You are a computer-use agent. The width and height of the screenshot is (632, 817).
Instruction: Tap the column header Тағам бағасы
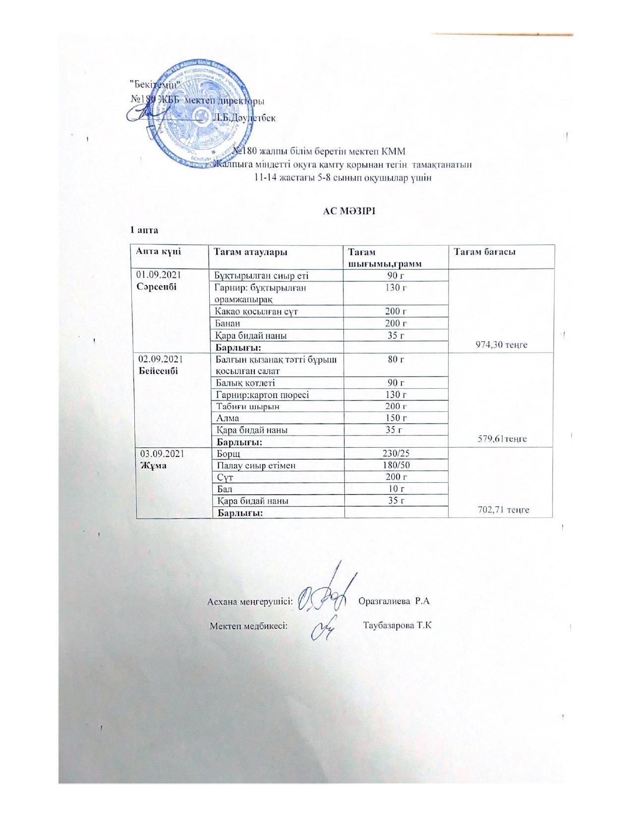[x=484, y=252]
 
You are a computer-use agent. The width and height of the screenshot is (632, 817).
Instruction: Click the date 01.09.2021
[x=161, y=275]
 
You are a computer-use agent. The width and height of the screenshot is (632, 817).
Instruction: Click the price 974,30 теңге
[x=501, y=345]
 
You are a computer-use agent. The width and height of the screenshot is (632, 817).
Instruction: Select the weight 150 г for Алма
[x=396, y=418]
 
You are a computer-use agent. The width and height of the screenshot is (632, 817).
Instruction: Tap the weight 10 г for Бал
[x=396, y=489]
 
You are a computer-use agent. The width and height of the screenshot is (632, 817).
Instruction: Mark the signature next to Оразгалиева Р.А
[x=327, y=594]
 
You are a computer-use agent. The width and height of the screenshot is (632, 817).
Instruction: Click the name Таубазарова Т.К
[x=397, y=625]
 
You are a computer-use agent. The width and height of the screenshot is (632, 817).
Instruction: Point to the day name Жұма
[x=154, y=466]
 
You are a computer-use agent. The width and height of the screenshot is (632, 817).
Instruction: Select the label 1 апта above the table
[x=144, y=230]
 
